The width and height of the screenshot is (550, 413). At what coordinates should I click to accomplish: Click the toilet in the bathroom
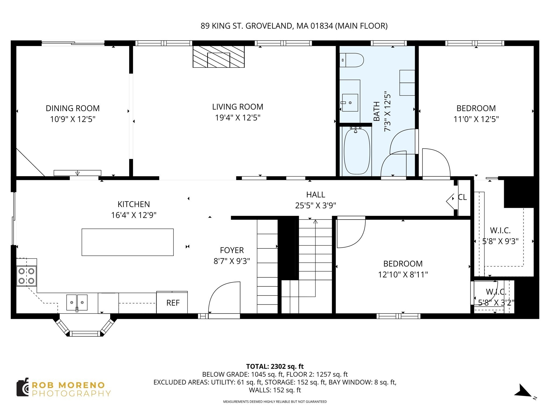click(x=352, y=60)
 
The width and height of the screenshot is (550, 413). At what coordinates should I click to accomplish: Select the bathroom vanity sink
click(x=350, y=102)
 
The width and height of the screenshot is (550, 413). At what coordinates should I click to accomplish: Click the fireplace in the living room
click(x=219, y=56)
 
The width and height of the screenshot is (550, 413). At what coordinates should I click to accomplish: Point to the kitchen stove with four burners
click(x=27, y=276)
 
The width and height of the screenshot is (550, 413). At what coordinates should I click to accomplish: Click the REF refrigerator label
click(x=173, y=303)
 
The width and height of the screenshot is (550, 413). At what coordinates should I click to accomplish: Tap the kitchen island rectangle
click(x=128, y=242)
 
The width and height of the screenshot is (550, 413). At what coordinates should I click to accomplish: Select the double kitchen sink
click(x=77, y=302)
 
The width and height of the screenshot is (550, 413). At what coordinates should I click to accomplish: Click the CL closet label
click(x=462, y=197)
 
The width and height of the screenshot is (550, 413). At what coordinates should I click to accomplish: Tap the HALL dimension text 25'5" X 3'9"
click(x=316, y=206)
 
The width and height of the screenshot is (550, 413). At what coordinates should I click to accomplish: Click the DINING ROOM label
click(x=73, y=108)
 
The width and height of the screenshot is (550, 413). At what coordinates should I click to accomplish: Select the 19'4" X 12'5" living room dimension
click(x=238, y=118)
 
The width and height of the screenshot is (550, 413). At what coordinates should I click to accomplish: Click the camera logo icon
click(x=23, y=387)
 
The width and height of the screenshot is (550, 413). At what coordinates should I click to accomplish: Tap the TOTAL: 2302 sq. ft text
click(x=275, y=366)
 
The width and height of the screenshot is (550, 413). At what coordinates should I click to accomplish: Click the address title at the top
click(x=294, y=26)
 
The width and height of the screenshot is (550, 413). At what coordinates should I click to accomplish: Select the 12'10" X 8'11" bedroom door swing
click(x=350, y=233)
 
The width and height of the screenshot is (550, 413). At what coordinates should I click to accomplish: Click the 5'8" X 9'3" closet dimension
click(x=500, y=241)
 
